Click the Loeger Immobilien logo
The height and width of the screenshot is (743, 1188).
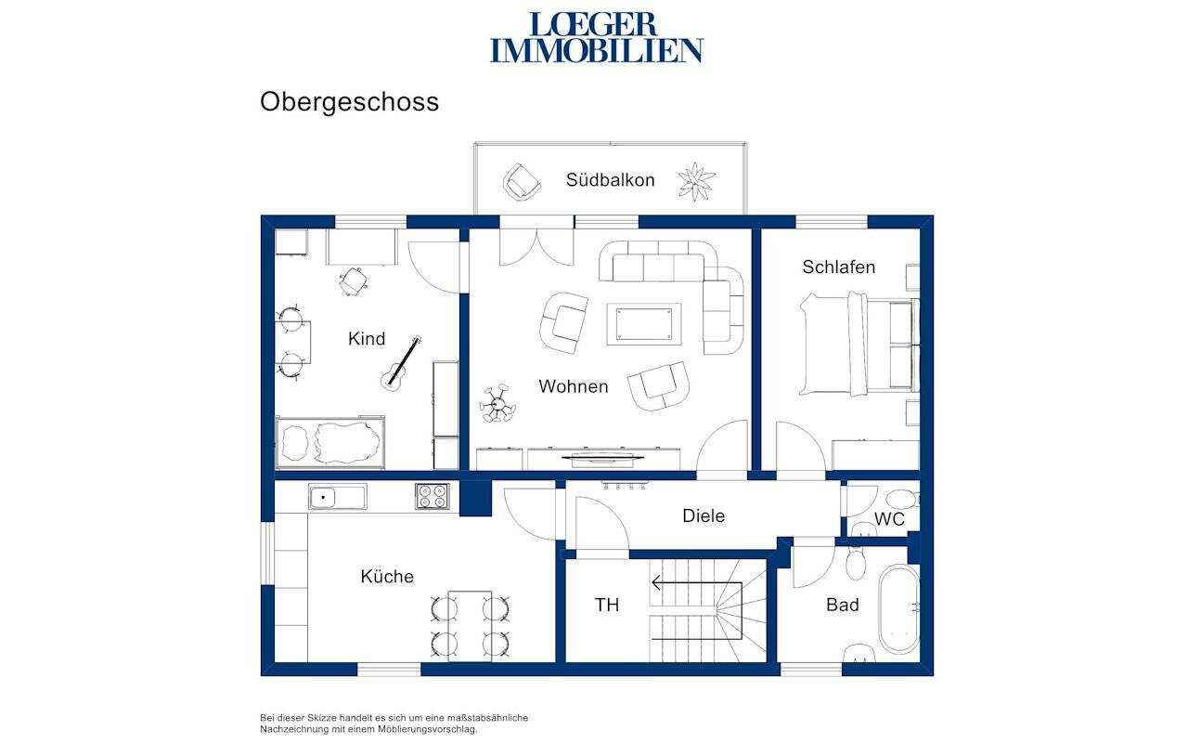point(596,37)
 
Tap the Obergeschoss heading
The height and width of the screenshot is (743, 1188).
point(349,101)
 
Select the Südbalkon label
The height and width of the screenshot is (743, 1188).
point(610,180)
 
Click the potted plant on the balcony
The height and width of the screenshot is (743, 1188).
point(696,180)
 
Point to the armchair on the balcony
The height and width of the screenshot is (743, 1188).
point(522,180)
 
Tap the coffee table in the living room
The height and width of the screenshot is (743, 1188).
point(643,323)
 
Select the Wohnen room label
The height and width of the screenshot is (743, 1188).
point(573,386)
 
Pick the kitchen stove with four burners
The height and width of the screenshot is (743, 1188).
point(432,496)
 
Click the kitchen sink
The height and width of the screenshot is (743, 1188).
point(337,497)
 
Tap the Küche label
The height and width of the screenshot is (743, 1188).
point(387,577)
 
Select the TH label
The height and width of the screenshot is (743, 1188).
point(606,606)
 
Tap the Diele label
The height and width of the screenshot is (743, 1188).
point(703,515)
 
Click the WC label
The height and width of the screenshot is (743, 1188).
point(889,519)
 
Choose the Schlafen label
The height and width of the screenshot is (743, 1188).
point(838,267)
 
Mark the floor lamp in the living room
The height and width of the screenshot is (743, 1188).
point(497,404)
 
